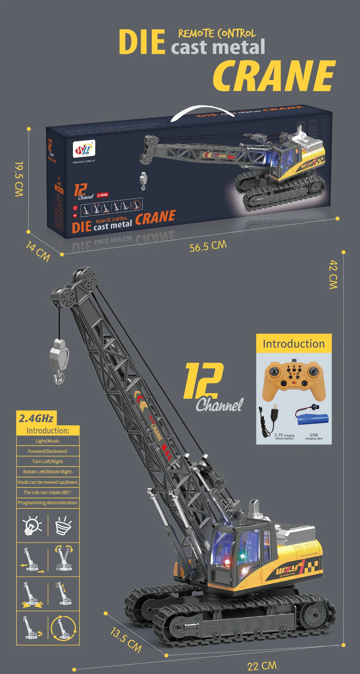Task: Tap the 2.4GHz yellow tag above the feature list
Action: (x=36, y=418)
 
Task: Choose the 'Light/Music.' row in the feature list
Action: (x=48, y=441)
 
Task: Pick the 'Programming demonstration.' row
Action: (x=48, y=503)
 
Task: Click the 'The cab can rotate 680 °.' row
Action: (x=48, y=492)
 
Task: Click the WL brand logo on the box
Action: (x=84, y=149)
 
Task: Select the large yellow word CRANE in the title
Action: (x=274, y=76)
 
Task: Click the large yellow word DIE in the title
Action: (x=142, y=42)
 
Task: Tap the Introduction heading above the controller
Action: (x=293, y=344)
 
